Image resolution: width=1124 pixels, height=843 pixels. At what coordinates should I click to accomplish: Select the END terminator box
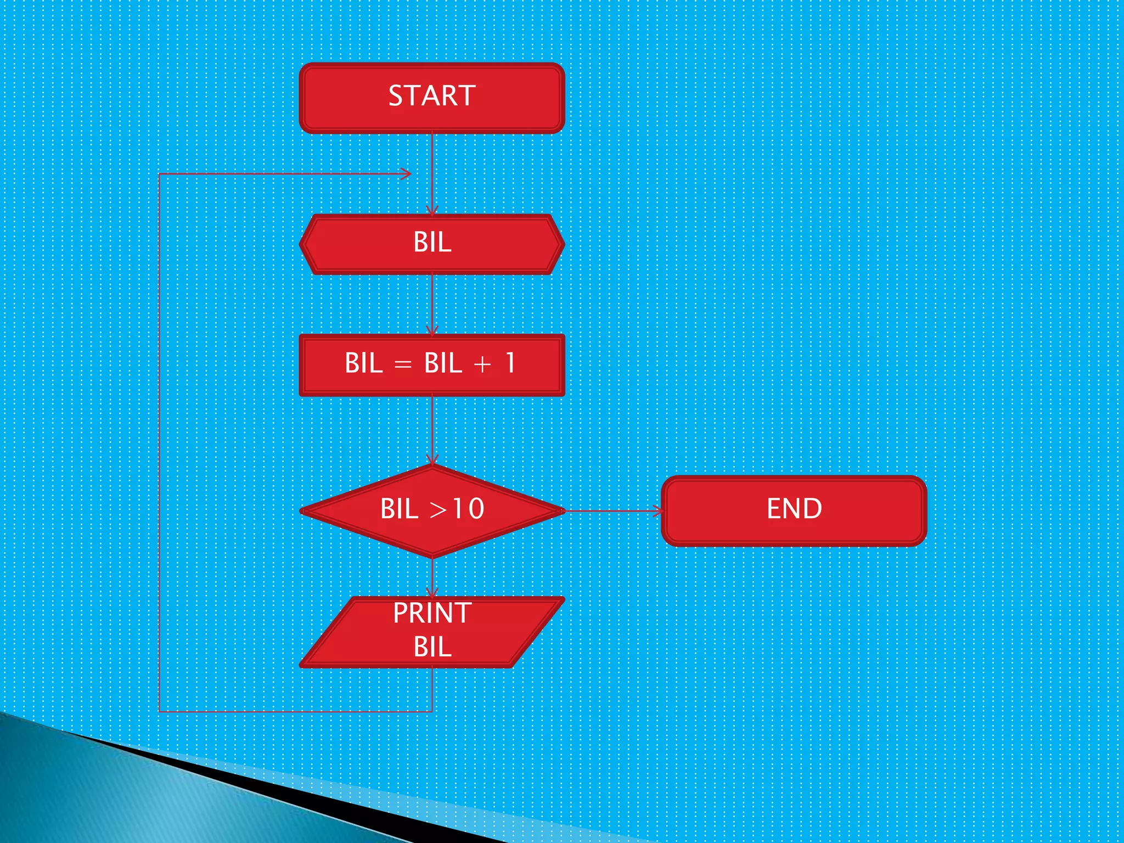point(794,511)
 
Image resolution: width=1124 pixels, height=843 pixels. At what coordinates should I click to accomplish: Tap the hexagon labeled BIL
point(432,244)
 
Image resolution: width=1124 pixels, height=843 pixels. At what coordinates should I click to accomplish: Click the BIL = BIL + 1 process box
point(432,365)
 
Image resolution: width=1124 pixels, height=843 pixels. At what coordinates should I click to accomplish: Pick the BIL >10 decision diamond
point(432,511)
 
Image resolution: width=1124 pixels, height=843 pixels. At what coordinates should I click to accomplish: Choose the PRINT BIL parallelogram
point(432,632)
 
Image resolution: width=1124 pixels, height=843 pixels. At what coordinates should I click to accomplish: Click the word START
point(432,96)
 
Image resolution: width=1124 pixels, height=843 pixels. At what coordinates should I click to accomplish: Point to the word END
point(794,509)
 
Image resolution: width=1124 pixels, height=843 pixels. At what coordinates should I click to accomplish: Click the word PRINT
point(432,613)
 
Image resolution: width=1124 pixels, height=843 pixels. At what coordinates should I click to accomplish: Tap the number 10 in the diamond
point(468,509)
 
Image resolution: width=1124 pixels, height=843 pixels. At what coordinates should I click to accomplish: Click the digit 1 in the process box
point(510,363)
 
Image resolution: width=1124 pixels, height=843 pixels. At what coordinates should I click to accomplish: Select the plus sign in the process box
point(482,364)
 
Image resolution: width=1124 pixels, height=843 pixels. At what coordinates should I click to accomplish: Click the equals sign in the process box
point(403,364)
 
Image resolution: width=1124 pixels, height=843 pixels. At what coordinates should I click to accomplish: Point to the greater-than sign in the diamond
point(438,510)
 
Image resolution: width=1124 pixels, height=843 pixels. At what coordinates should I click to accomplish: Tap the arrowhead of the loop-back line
point(406,174)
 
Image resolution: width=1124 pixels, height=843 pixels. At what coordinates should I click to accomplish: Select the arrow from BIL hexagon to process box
point(432,305)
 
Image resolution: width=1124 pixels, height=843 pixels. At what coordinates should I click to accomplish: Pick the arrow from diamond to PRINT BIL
point(432,577)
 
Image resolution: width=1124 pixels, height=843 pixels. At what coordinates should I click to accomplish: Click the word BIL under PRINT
point(432,647)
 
